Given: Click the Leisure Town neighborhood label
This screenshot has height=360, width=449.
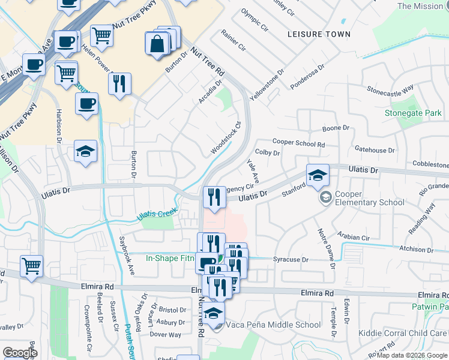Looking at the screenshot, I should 319,34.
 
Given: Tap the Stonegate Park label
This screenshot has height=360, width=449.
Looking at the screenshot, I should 413,113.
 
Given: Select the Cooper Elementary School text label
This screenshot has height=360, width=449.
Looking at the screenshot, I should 369,197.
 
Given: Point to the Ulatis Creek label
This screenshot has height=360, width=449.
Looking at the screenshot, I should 157,214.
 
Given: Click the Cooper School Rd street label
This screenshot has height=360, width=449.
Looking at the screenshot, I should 298,143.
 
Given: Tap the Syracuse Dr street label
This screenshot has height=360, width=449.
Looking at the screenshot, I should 291,260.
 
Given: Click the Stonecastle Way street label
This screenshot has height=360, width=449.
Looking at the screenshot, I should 390,90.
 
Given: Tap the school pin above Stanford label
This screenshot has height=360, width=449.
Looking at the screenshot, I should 318,175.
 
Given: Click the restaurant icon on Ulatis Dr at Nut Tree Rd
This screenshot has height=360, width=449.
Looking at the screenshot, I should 214,196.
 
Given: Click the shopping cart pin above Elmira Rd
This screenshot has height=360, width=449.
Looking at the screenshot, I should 31,265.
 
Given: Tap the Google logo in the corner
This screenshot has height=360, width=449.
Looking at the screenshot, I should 20,353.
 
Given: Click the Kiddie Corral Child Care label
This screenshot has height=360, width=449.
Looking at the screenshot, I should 410,334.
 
